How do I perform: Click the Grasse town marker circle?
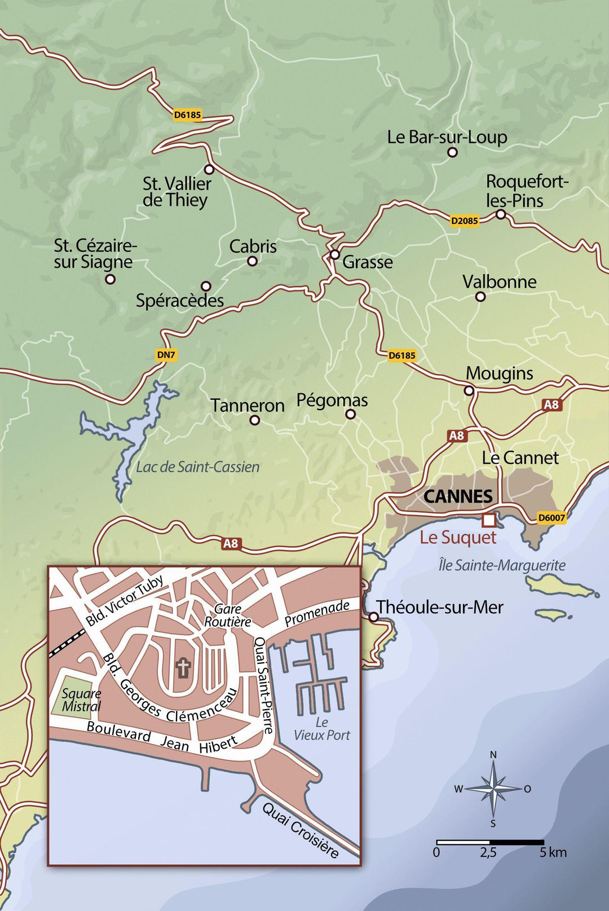pyautogui.click(x=334, y=254)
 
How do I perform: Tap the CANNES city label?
pyautogui.click(x=458, y=496)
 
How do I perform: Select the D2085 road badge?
pyautogui.click(x=464, y=221)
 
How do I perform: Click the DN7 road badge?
pyautogui.click(x=166, y=355)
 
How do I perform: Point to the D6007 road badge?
pyautogui.click(x=551, y=518)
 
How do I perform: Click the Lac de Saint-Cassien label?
pyautogui.click(x=197, y=467)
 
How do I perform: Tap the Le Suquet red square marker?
pyautogui.click(x=488, y=519)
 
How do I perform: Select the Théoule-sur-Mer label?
pyautogui.click(x=439, y=608)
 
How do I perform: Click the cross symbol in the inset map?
pyautogui.click(x=183, y=668)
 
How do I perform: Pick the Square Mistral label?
pyautogui.click(x=81, y=700)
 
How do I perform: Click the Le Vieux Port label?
pyautogui.click(x=321, y=729)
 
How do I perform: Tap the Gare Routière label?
pyautogui.click(x=227, y=615)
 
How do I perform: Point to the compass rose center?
pyautogui.click(x=493, y=789)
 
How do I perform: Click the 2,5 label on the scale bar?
pyautogui.click(x=488, y=852)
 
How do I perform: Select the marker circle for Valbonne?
pyautogui.click(x=480, y=296)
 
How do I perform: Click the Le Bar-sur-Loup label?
pyautogui.click(x=447, y=137)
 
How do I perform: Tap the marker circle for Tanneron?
pyautogui.click(x=255, y=420)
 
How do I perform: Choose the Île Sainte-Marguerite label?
pyautogui.click(x=502, y=565)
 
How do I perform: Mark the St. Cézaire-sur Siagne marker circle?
pyautogui.click(x=111, y=279)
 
